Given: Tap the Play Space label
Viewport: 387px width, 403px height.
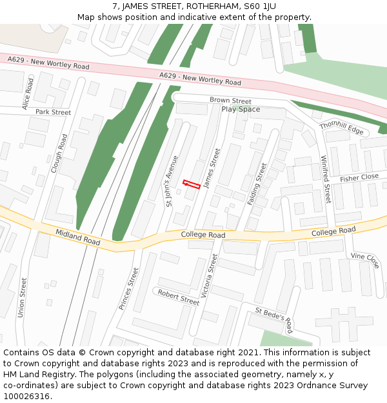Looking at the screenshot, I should (241, 110).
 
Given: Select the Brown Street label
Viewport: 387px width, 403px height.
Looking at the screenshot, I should (230, 101).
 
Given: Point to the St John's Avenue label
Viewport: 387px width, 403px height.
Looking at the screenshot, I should (172, 181).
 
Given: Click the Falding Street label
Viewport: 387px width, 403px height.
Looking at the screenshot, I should (257, 184).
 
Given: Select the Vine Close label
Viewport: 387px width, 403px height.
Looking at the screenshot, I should (365, 260).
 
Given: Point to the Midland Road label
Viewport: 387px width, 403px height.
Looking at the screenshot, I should (77, 237).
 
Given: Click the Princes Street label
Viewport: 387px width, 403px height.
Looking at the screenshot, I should (129, 289).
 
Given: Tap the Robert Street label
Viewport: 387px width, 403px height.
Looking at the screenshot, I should (179, 297).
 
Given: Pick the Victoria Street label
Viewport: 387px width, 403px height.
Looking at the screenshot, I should (210, 274).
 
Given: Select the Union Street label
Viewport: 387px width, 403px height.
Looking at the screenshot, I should (23, 297).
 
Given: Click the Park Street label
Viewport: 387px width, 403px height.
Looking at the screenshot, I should (53, 112).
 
